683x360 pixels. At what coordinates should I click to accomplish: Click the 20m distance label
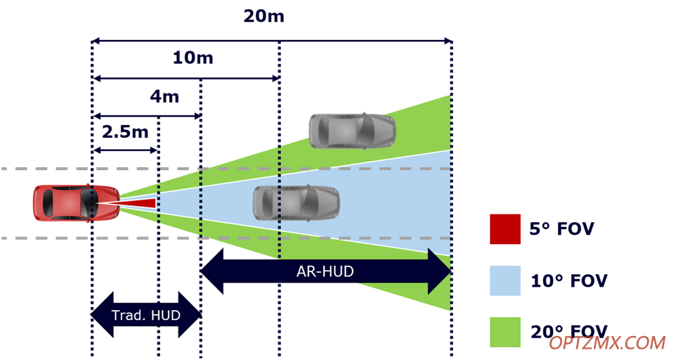pyautogui.click(x=264, y=16)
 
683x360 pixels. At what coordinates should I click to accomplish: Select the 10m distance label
pyautogui.click(x=193, y=58)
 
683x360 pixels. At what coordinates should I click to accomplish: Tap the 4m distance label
pyautogui.click(x=164, y=96)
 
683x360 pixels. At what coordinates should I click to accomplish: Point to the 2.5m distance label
pyautogui.click(x=125, y=131)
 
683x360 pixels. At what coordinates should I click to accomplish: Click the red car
pyautogui.click(x=77, y=203)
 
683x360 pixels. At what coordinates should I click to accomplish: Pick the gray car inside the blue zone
pyautogui.click(x=297, y=202)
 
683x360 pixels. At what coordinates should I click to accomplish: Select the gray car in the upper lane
pyautogui.click(x=352, y=131)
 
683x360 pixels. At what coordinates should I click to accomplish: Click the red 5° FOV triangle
pyautogui.click(x=131, y=203)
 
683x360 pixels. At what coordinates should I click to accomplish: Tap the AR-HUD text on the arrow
pyautogui.click(x=325, y=271)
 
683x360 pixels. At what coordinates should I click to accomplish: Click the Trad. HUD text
pyautogui.click(x=146, y=315)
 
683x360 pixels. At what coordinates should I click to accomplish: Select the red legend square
pyautogui.click(x=505, y=229)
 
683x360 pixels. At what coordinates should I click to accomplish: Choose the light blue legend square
pyautogui.click(x=505, y=281)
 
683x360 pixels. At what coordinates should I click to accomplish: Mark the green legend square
pyautogui.click(x=505, y=332)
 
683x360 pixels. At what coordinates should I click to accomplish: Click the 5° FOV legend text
pyautogui.click(x=561, y=229)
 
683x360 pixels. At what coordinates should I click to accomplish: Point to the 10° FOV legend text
pyautogui.click(x=569, y=281)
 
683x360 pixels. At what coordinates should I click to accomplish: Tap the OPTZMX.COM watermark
pyautogui.click(x=607, y=343)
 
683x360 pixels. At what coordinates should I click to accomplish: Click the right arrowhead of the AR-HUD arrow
pyautogui.click(x=440, y=271)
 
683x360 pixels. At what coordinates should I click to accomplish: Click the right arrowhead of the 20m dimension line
pyautogui.click(x=448, y=41)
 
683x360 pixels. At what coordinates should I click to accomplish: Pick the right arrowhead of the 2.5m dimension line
pyautogui.click(x=153, y=150)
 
